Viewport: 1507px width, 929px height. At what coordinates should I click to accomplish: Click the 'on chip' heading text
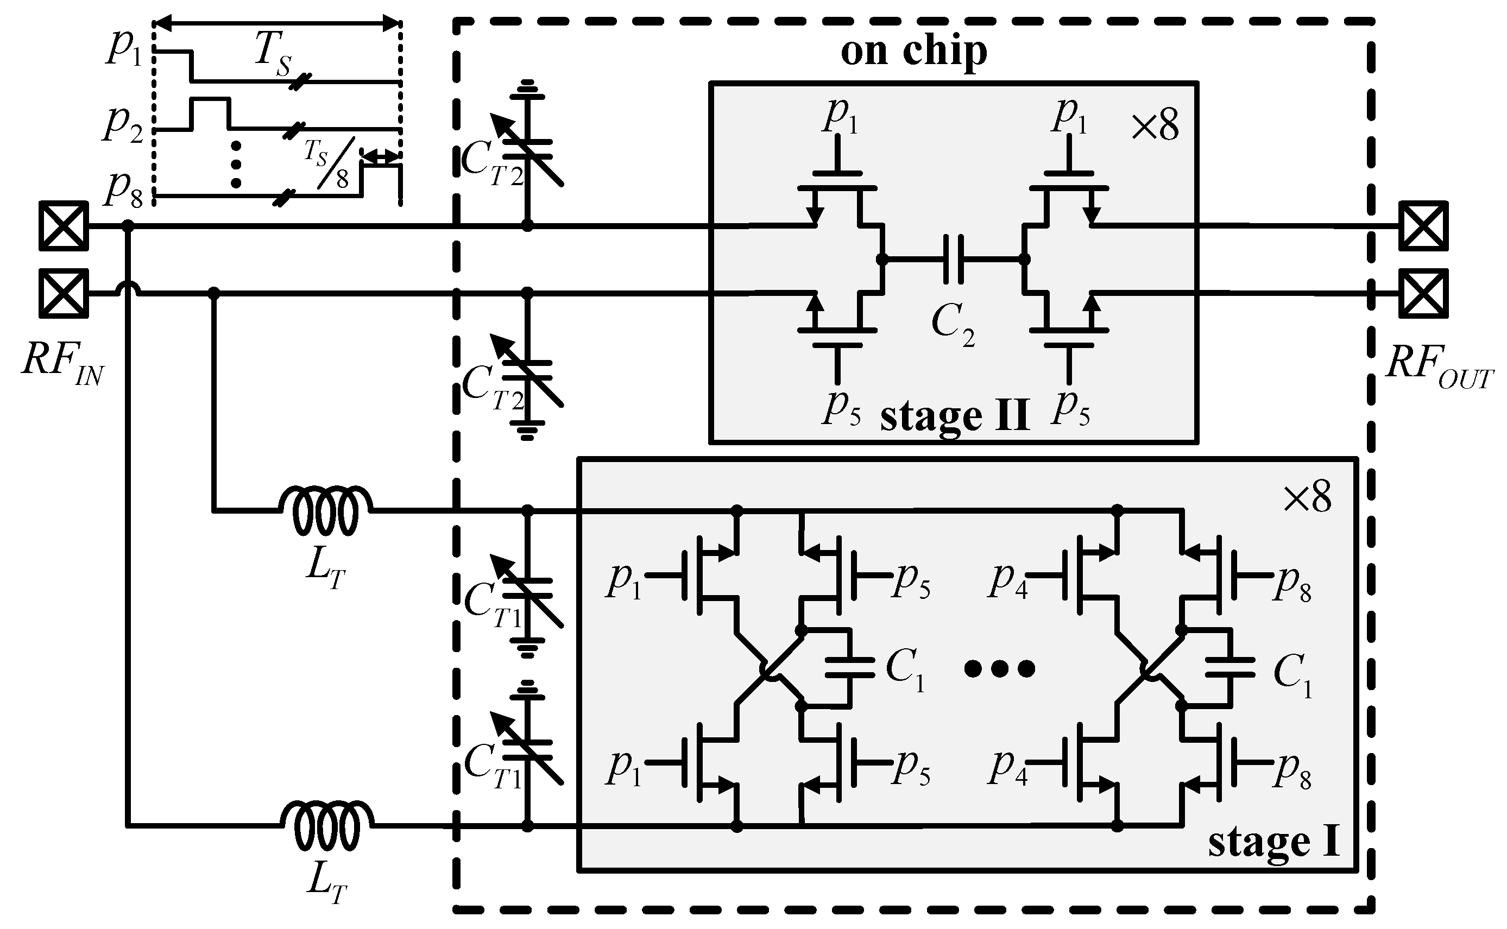tap(913, 52)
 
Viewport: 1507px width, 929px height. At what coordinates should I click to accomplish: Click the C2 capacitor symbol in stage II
tap(953, 260)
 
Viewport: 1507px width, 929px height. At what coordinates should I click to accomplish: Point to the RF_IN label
tap(61, 362)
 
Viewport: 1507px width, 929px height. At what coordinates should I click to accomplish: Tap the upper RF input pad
tap(64, 226)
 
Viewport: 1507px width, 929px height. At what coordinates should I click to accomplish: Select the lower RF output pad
tap(1423, 294)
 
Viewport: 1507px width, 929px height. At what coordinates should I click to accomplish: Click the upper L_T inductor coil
tap(326, 510)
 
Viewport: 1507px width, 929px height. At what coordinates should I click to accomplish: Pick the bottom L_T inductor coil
tap(326, 826)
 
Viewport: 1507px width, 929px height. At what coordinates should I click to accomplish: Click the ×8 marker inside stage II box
tap(1155, 127)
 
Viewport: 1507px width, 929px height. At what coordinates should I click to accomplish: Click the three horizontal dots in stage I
tap(1000, 668)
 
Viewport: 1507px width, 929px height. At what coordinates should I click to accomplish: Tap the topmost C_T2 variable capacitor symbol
tap(527, 148)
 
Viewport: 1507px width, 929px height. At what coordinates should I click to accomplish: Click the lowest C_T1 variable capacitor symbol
tap(527, 747)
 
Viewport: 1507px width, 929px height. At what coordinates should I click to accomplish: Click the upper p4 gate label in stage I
tap(1007, 580)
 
